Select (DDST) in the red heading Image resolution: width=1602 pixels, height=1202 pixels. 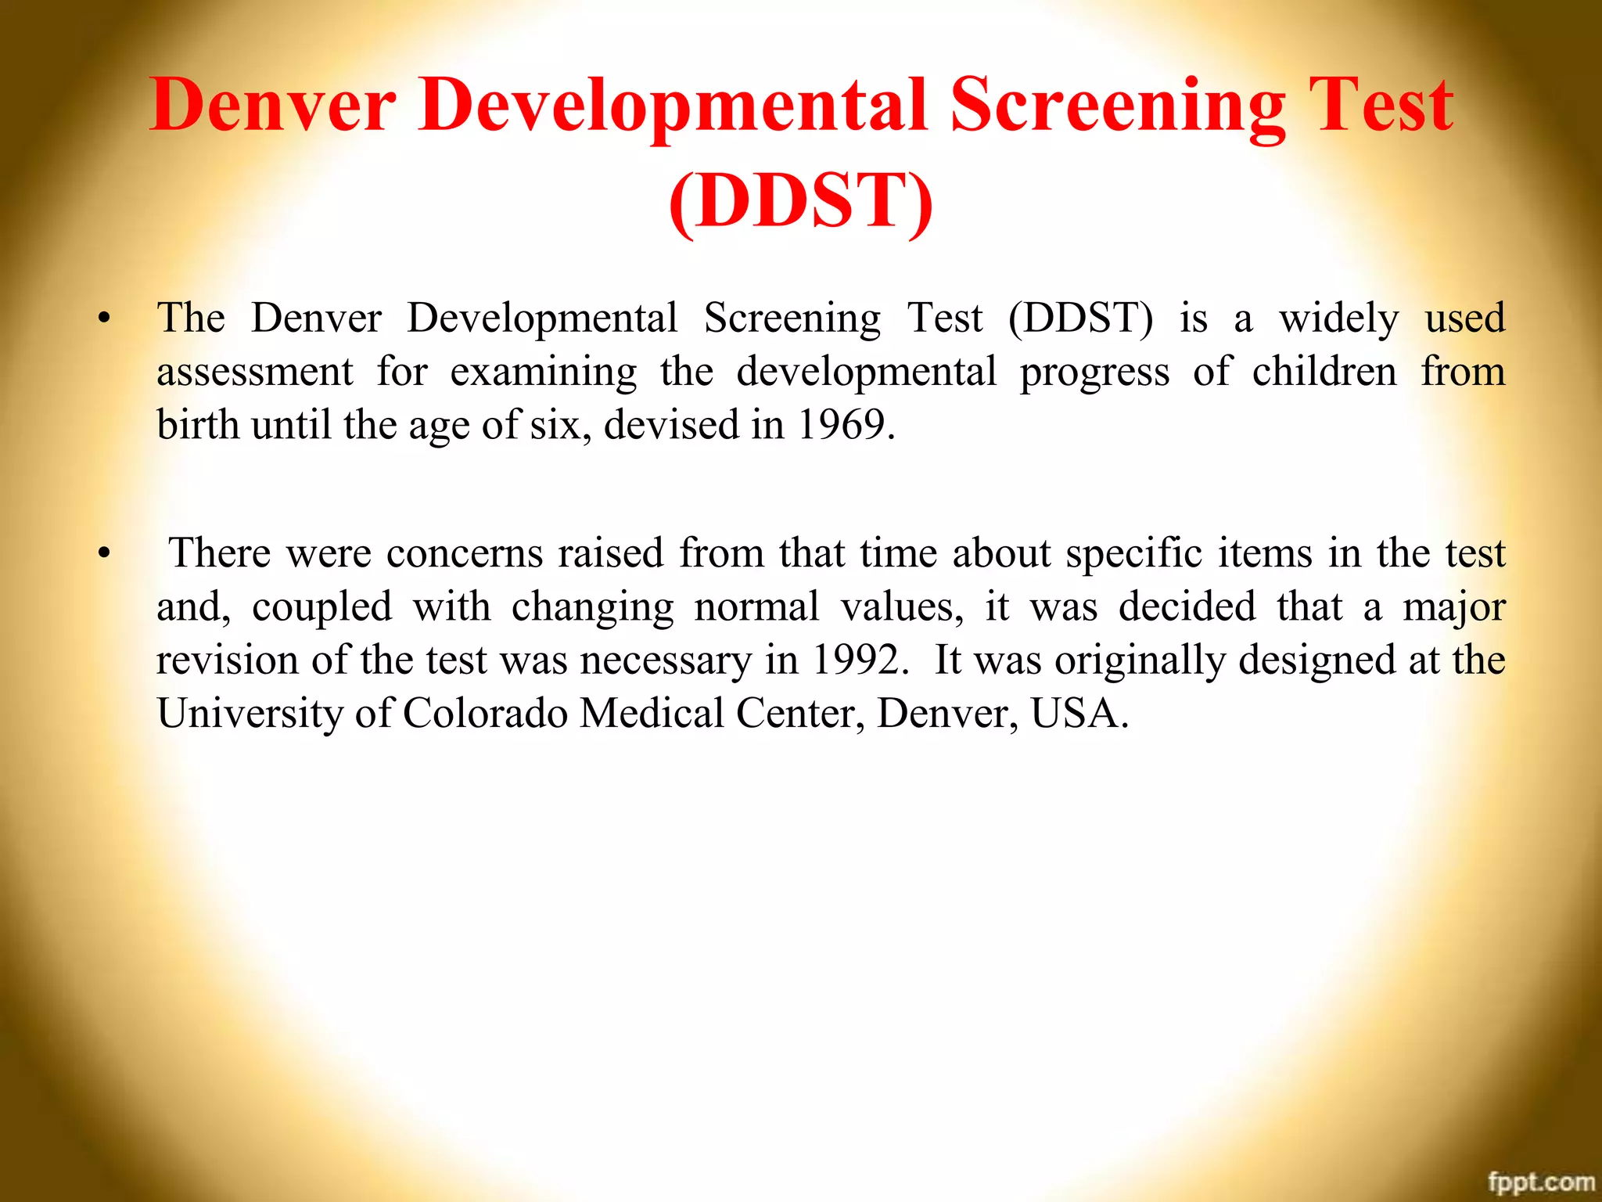[x=801, y=201]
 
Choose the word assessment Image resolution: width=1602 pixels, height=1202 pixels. [x=254, y=372]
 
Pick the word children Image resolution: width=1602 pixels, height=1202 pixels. [x=1324, y=371]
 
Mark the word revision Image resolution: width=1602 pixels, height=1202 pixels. [x=227, y=660]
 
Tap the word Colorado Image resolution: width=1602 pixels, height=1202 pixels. [x=485, y=714]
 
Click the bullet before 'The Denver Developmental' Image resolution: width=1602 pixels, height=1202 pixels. [x=104, y=318]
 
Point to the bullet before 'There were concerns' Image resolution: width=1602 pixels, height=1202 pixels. [x=104, y=554]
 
